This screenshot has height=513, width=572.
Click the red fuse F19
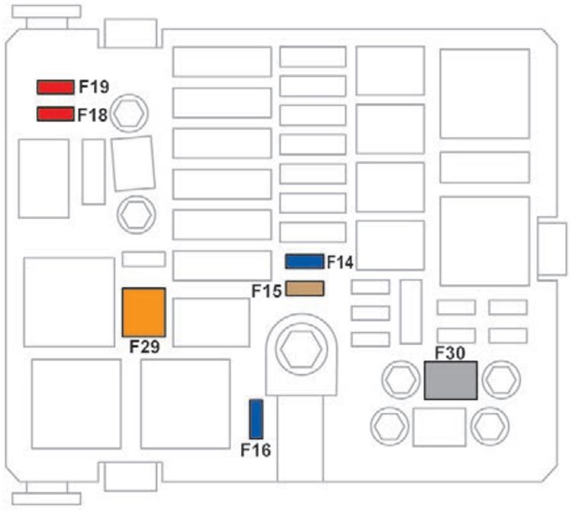55,86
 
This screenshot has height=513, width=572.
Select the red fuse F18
55,115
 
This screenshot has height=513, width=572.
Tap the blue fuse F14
304,262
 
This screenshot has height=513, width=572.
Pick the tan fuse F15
304,289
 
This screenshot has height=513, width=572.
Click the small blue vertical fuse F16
256,418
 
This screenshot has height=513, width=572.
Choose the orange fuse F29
144,311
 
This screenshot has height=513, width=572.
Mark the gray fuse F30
450,380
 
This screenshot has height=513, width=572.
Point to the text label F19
94,87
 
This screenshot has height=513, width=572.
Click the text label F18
94,115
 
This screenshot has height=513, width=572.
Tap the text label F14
340,263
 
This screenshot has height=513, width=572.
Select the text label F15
268,290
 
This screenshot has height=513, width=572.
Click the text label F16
256,450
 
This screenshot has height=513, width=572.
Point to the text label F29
144,347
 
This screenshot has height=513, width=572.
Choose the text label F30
450,353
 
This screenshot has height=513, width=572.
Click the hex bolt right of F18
130,114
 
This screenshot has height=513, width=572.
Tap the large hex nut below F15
296,350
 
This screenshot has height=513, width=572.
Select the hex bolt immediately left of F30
400,378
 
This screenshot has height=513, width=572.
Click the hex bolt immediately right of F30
500,378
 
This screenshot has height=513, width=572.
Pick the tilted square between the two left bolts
133,163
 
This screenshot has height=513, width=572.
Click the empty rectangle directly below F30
439,427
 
